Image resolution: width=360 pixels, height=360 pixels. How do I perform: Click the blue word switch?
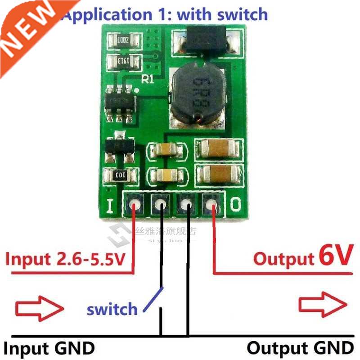(x=112, y=309)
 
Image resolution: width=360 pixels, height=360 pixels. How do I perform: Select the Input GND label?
(x=49, y=348)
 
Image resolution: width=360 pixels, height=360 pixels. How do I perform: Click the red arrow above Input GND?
(x=38, y=309)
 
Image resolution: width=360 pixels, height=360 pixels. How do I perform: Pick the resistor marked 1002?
(x=123, y=39)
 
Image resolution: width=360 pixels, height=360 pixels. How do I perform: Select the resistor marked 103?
(x=120, y=175)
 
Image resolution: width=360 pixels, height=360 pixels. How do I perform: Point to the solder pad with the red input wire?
(x=134, y=206)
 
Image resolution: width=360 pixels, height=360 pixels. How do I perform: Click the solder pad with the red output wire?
(x=211, y=206)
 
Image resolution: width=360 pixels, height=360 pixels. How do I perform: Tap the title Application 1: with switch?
(x=165, y=14)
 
